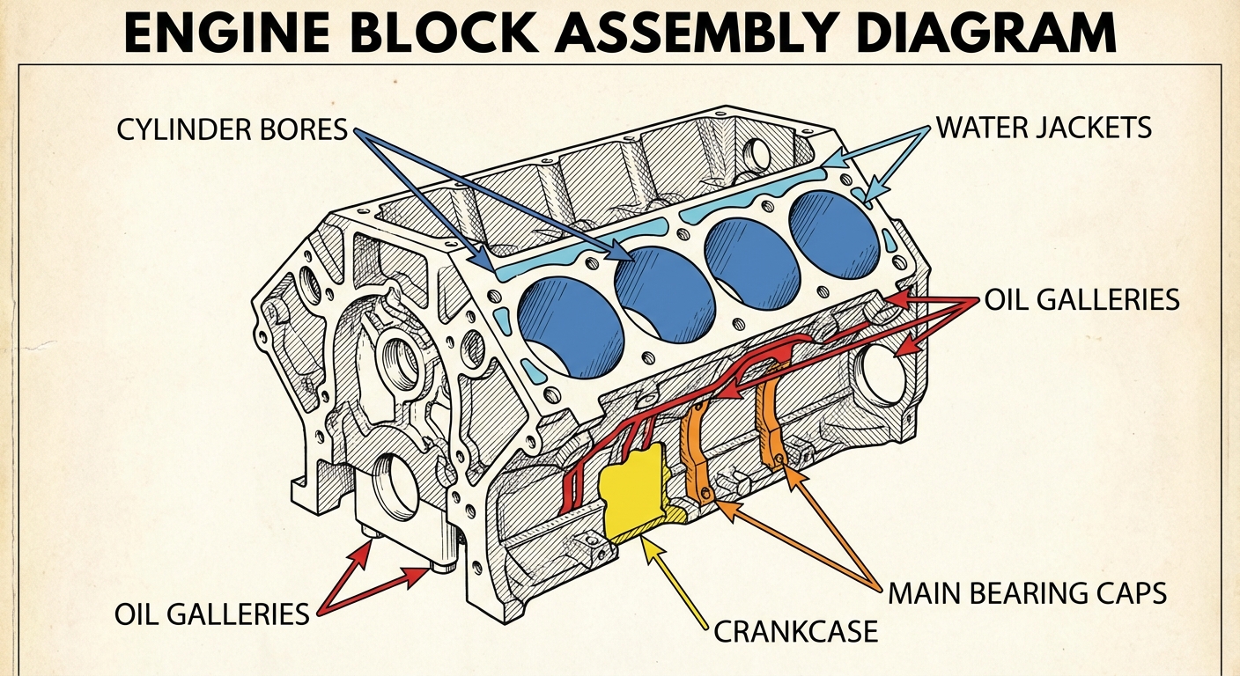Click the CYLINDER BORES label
(x=232, y=130)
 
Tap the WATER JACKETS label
(x=1044, y=127)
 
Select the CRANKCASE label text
(x=795, y=630)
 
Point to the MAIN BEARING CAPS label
(x=1027, y=592)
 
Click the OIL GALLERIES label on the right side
(x=1081, y=299)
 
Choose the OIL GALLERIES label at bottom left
(x=211, y=613)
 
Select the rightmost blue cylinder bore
(x=834, y=232)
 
